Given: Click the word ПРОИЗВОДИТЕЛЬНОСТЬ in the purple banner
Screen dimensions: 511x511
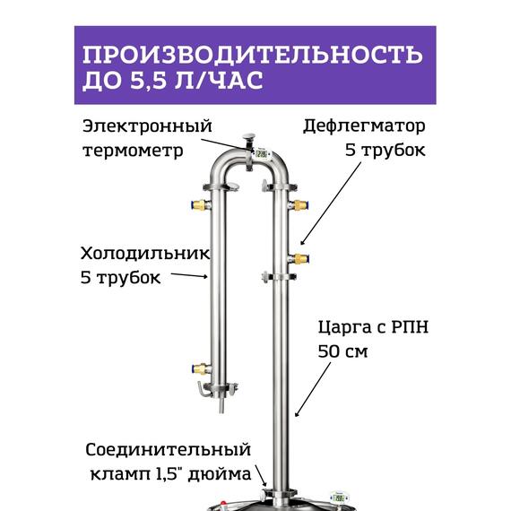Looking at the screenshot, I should coord(251,54).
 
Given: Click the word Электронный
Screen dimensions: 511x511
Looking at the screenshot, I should coord(134,125).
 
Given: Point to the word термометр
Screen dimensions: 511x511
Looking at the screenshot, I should coord(133,150).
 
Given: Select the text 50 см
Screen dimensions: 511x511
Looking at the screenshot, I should coord(343,351).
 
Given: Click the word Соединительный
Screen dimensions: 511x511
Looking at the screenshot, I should coord(168,449).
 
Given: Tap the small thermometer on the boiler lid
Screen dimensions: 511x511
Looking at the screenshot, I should coord(340,495).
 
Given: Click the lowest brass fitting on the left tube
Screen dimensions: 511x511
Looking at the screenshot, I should coord(200,368).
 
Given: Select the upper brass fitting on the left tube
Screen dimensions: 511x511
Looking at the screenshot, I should coord(200,204).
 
